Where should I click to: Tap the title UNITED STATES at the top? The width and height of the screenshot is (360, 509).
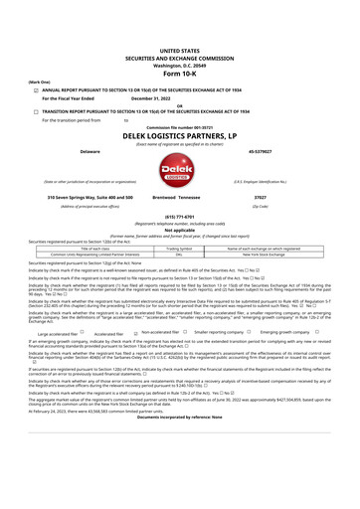click(x=179, y=20)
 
